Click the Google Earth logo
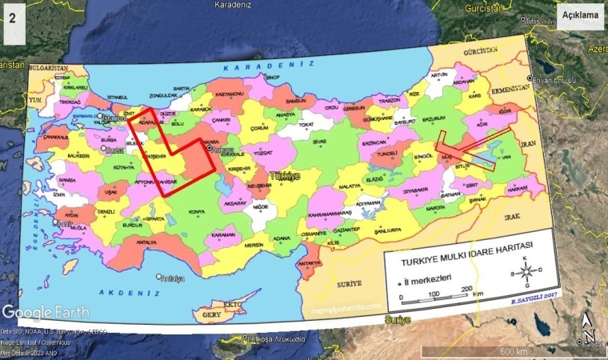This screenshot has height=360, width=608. click(x=45, y=312)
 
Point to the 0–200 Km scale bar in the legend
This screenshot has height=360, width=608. click(x=436, y=298)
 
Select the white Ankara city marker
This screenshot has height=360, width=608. click(x=209, y=148)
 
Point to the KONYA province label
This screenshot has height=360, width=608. click(x=196, y=212)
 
